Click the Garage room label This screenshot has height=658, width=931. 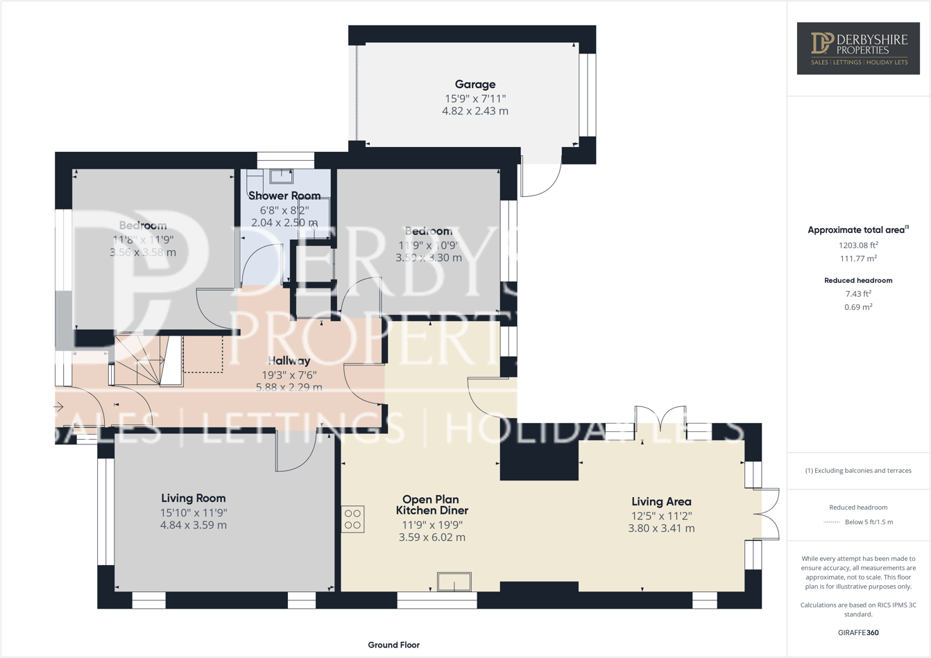[x=475, y=85]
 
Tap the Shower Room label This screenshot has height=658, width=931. [x=284, y=196]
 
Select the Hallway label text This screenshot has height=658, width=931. [x=289, y=361]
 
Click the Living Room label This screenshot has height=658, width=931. [x=193, y=498]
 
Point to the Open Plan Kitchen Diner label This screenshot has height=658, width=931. [x=432, y=505]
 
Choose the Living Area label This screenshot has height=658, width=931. [x=661, y=501]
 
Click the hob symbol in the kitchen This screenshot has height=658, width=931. [x=352, y=519]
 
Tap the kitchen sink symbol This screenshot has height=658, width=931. [x=454, y=581]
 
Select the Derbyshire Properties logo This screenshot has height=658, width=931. [x=858, y=48]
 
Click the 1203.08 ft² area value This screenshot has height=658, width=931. [x=858, y=245]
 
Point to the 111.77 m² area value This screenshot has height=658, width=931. [x=858, y=259]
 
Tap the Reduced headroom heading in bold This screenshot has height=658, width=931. [x=858, y=280]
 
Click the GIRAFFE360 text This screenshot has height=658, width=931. [x=858, y=632]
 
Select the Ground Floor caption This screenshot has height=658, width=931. [x=393, y=645]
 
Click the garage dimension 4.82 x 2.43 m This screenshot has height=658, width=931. [x=475, y=111]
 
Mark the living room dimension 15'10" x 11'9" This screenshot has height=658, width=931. [x=193, y=512]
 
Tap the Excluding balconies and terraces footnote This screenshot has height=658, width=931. [x=858, y=470]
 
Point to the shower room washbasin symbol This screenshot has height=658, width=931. [x=281, y=176]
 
